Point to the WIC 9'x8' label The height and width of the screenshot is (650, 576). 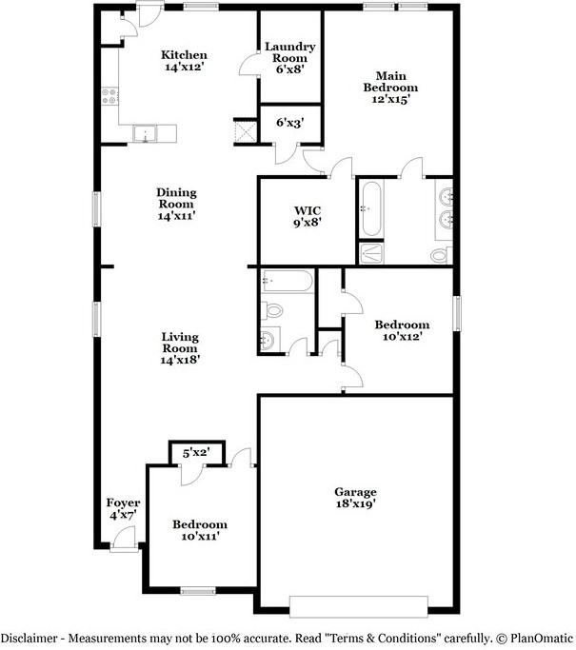[x=307, y=216]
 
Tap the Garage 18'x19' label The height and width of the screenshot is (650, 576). [x=355, y=498]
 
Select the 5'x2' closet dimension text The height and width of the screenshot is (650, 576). [x=196, y=453]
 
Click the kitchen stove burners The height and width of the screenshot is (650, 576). [x=109, y=95]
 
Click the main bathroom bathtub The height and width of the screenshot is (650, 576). [x=370, y=209]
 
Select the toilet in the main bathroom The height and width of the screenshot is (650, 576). [x=439, y=254]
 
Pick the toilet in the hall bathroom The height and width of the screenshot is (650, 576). [x=273, y=309]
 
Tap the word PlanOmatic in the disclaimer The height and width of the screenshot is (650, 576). [x=539, y=638]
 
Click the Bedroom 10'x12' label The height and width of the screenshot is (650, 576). [x=401, y=330]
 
